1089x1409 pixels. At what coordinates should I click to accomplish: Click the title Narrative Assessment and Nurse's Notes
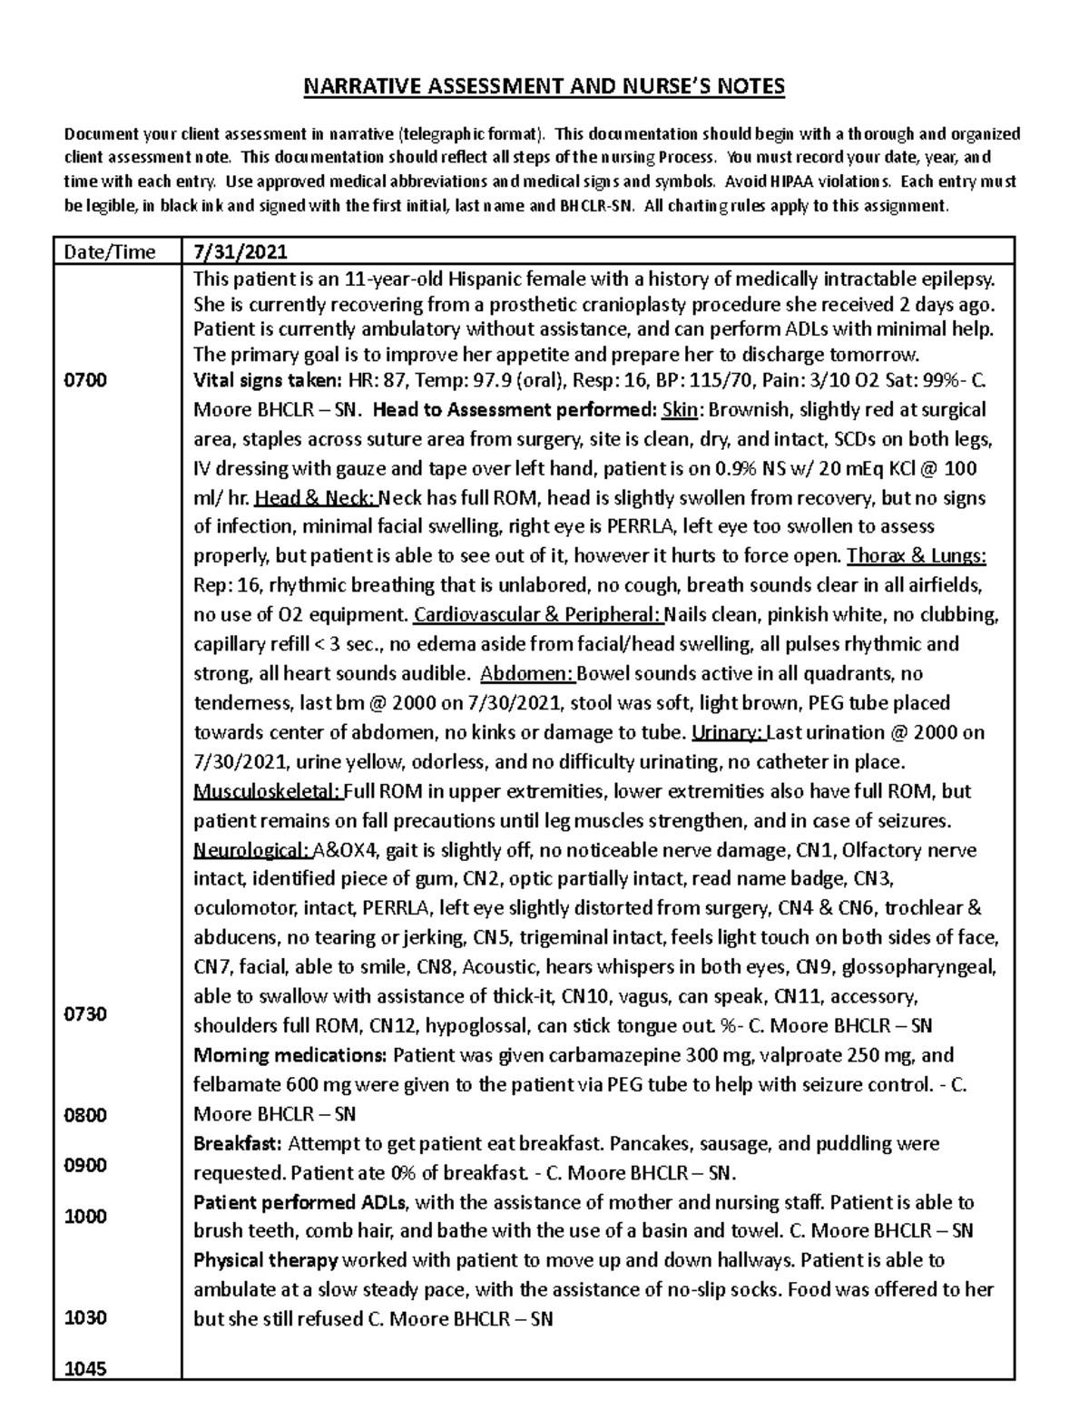tap(544, 87)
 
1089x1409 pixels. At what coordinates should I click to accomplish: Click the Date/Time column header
tap(110, 251)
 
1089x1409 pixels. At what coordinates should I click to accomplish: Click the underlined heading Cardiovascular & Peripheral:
tap(538, 615)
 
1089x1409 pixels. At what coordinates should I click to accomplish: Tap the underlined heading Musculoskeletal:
tap(267, 792)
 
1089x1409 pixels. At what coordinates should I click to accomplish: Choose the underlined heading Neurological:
tap(251, 851)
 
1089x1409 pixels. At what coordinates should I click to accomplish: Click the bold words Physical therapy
tap(265, 1261)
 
